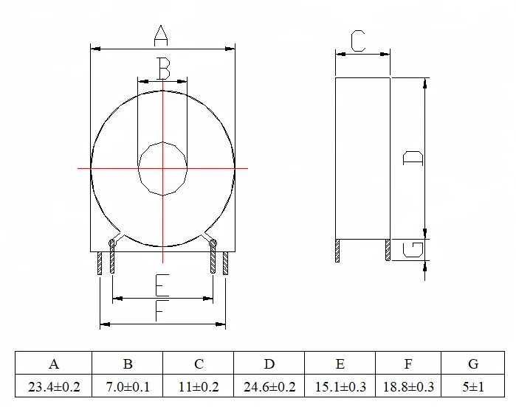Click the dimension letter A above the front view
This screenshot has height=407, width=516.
162,34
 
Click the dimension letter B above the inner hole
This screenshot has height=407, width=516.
163,69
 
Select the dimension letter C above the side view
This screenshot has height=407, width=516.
358,41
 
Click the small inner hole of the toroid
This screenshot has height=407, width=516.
162,169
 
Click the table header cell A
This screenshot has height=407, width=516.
54,363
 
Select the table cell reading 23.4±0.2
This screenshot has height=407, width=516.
54,386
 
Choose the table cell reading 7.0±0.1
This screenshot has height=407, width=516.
127,386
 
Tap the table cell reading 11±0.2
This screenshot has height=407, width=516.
199,386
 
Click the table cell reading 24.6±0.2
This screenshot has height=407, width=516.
269,386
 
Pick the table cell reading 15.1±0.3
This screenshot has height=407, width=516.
340,386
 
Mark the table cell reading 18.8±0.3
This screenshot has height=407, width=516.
408,386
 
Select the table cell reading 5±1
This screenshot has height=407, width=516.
473,386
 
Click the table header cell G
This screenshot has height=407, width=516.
473,363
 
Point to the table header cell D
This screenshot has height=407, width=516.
269,363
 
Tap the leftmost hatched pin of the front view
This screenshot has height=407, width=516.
100,263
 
